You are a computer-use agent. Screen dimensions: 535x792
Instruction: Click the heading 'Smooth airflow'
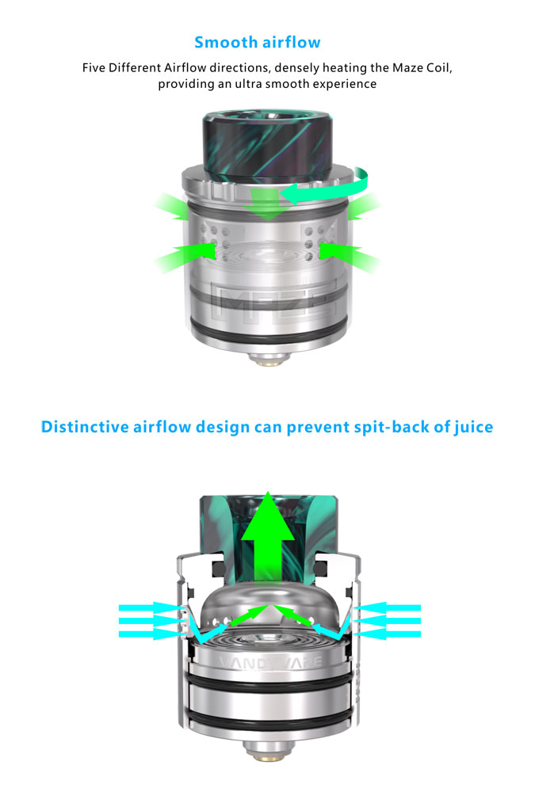[258, 42]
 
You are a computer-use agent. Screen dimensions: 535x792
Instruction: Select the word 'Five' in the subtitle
[94, 67]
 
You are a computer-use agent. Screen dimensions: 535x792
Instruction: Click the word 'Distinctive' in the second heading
[85, 427]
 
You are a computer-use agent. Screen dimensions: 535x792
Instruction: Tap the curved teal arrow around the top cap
[323, 187]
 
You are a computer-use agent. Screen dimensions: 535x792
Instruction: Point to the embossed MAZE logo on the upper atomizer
[273, 302]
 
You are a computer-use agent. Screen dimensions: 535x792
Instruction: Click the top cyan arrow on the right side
[388, 607]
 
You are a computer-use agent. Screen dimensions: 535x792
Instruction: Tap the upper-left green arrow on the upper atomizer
[172, 206]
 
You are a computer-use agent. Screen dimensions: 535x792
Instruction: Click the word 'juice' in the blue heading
[473, 428]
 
